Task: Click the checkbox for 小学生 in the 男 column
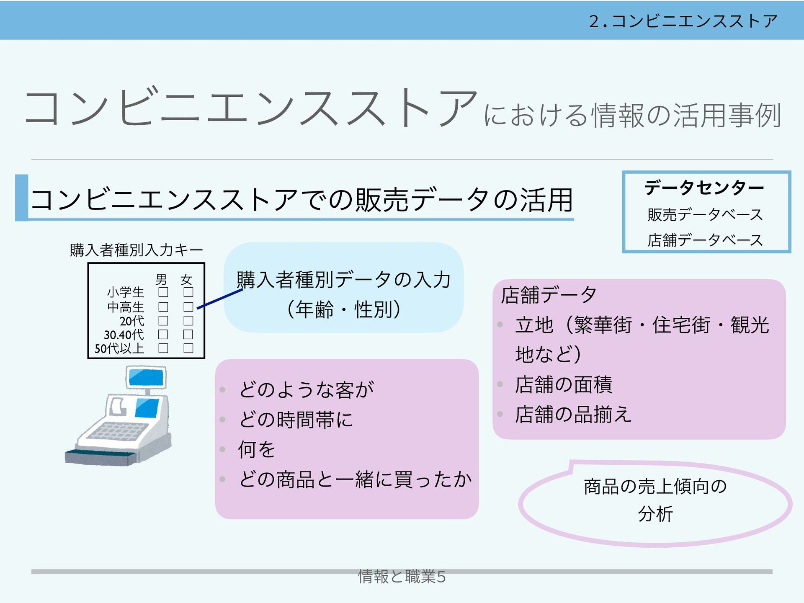click(163, 292)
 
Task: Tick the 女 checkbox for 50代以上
click(188, 348)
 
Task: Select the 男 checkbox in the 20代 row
click(163, 321)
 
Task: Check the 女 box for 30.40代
click(188, 335)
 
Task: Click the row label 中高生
click(125, 307)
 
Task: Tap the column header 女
click(186, 279)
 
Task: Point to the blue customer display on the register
click(146, 377)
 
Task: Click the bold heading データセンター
click(704, 187)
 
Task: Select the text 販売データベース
click(705, 214)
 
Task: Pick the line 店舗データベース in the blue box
click(705, 240)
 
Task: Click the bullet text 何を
click(256, 449)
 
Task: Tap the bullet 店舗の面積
click(563, 384)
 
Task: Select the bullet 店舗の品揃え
click(573, 415)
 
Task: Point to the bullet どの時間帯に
click(296, 420)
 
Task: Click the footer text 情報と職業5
click(402, 577)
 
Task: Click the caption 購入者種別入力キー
click(136, 250)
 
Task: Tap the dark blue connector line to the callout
click(220, 299)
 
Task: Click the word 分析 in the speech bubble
click(655, 514)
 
